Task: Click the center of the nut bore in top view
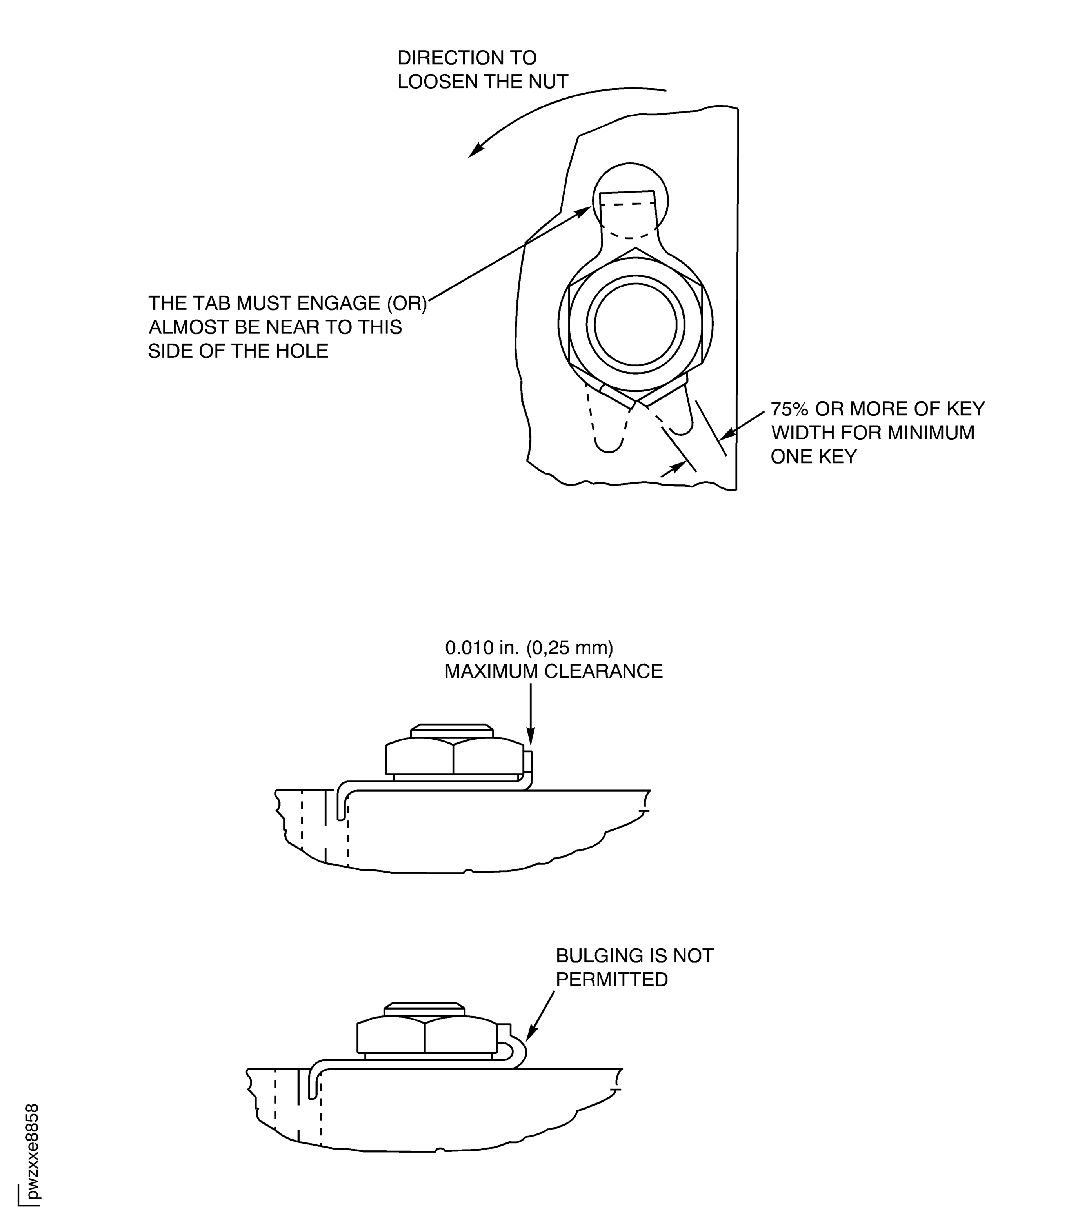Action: click(635, 324)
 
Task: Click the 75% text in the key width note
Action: click(791, 409)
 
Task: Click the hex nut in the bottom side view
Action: click(426, 1037)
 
